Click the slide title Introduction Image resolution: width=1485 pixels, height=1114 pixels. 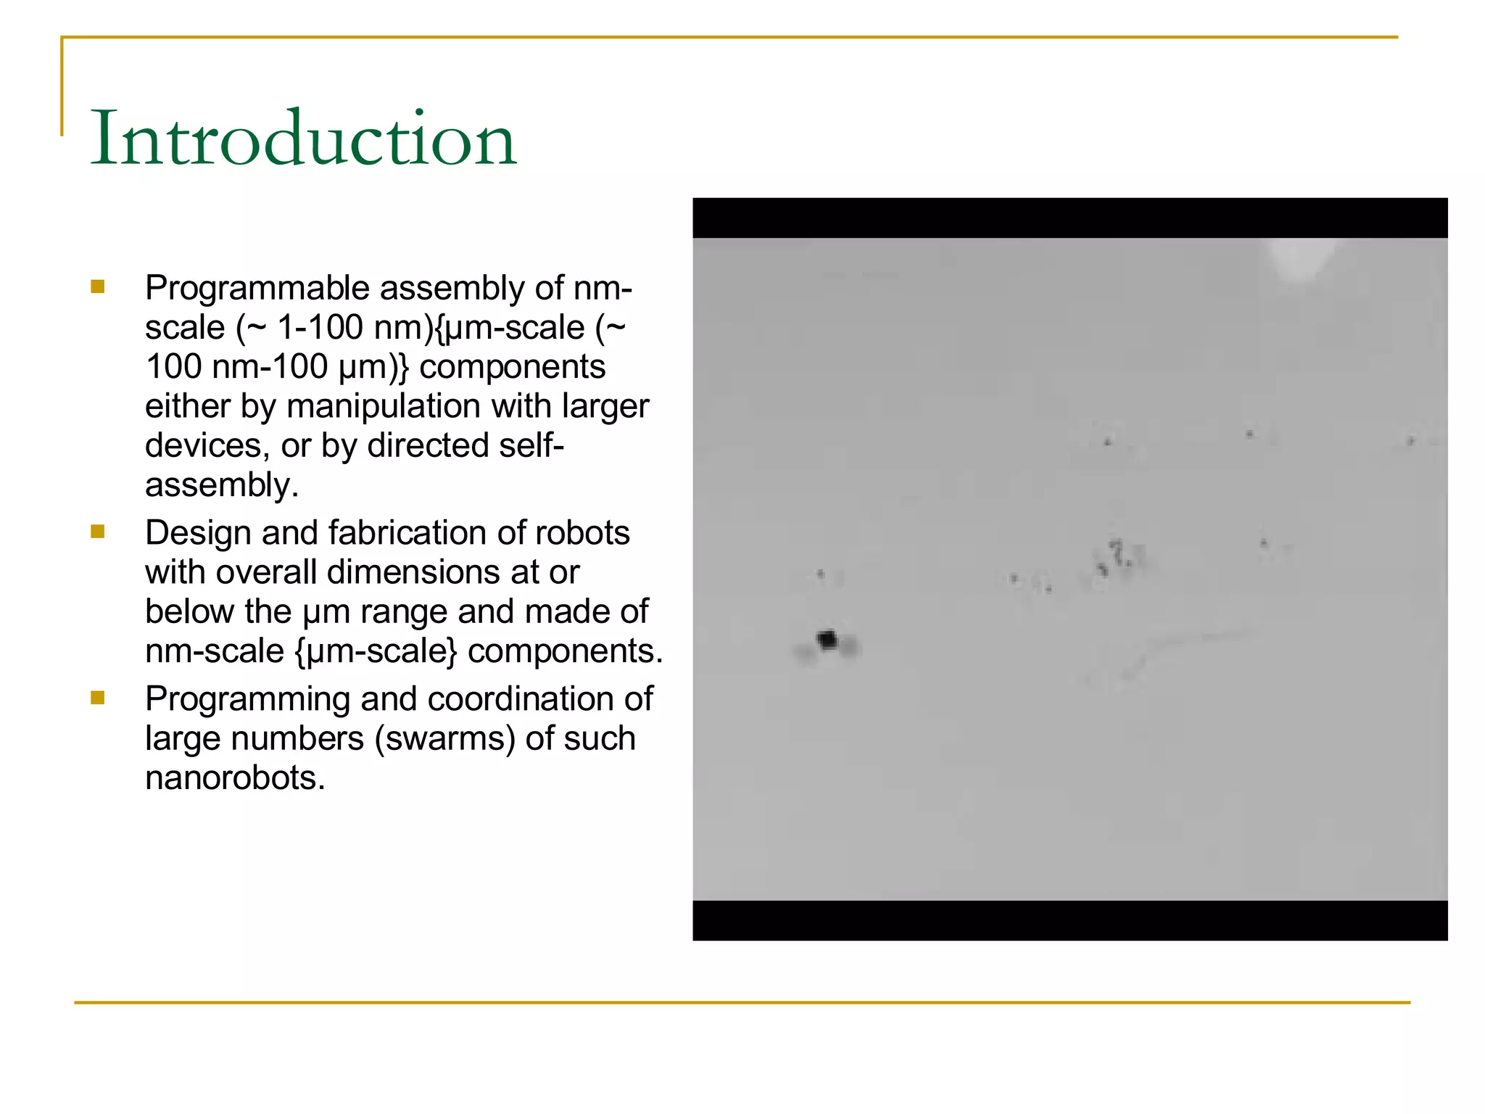pyautogui.click(x=303, y=138)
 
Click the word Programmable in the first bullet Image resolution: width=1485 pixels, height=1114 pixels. pyautogui.click(x=257, y=289)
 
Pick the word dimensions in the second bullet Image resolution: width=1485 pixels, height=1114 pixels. pyautogui.click(x=414, y=572)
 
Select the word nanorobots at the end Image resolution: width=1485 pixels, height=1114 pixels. pyautogui.click(x=234, y=778)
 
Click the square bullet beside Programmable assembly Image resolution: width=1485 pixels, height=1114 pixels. pyautogui.click(x=98, y=287)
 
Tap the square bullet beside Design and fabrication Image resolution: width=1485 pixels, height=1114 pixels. pyautogui.click(x=98, y=532)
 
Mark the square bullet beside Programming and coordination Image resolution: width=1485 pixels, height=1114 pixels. pyautogui.click(x=98, y=698)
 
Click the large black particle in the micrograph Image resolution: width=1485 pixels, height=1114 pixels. pyautogui.click(x=827, y=640)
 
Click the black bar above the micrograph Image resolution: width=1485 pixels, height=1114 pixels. pyautogui.click(x=1070, y=218)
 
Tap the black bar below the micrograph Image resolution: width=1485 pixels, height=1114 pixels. pyautogui.click(x=1070, y=920)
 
